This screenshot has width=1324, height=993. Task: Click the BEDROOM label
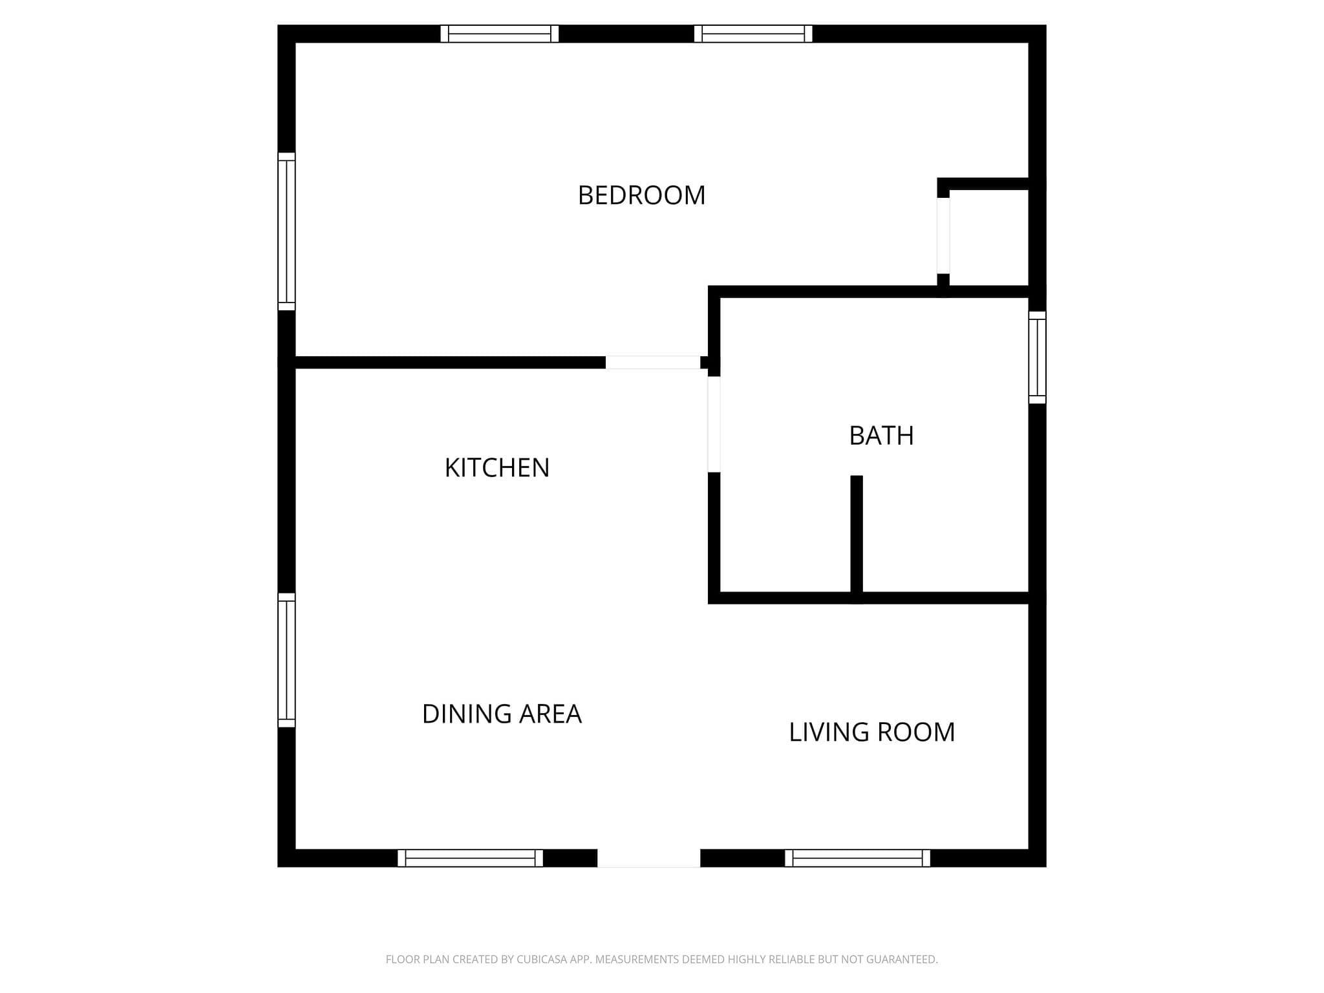tap(641, 195)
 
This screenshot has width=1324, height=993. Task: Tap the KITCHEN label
tap(497, 468)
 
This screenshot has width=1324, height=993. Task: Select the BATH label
tap(881, 436)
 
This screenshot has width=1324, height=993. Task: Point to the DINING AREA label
tap(502, 714)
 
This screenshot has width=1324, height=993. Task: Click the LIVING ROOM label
tap(871, 732)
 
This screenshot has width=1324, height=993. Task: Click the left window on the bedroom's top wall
tap(500, 34)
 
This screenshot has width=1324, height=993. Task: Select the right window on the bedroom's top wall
tap(753, 34)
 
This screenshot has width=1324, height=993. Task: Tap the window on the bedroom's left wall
tap(286, 231)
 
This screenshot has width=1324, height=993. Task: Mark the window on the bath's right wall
tap(1037, 358)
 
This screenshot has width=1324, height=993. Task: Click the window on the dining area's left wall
tap(286, 660)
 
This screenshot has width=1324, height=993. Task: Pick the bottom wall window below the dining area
tap(470, 858)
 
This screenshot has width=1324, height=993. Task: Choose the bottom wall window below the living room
tap(857, 858)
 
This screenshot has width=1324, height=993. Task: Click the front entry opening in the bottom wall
tap(648, 858)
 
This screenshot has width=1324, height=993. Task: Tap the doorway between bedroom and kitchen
tap(653, 362)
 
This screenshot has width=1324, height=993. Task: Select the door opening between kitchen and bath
tap(714, 424)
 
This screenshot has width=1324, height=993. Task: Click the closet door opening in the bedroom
tap(943, 235)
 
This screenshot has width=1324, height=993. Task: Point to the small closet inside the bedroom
tap(989, 238)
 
